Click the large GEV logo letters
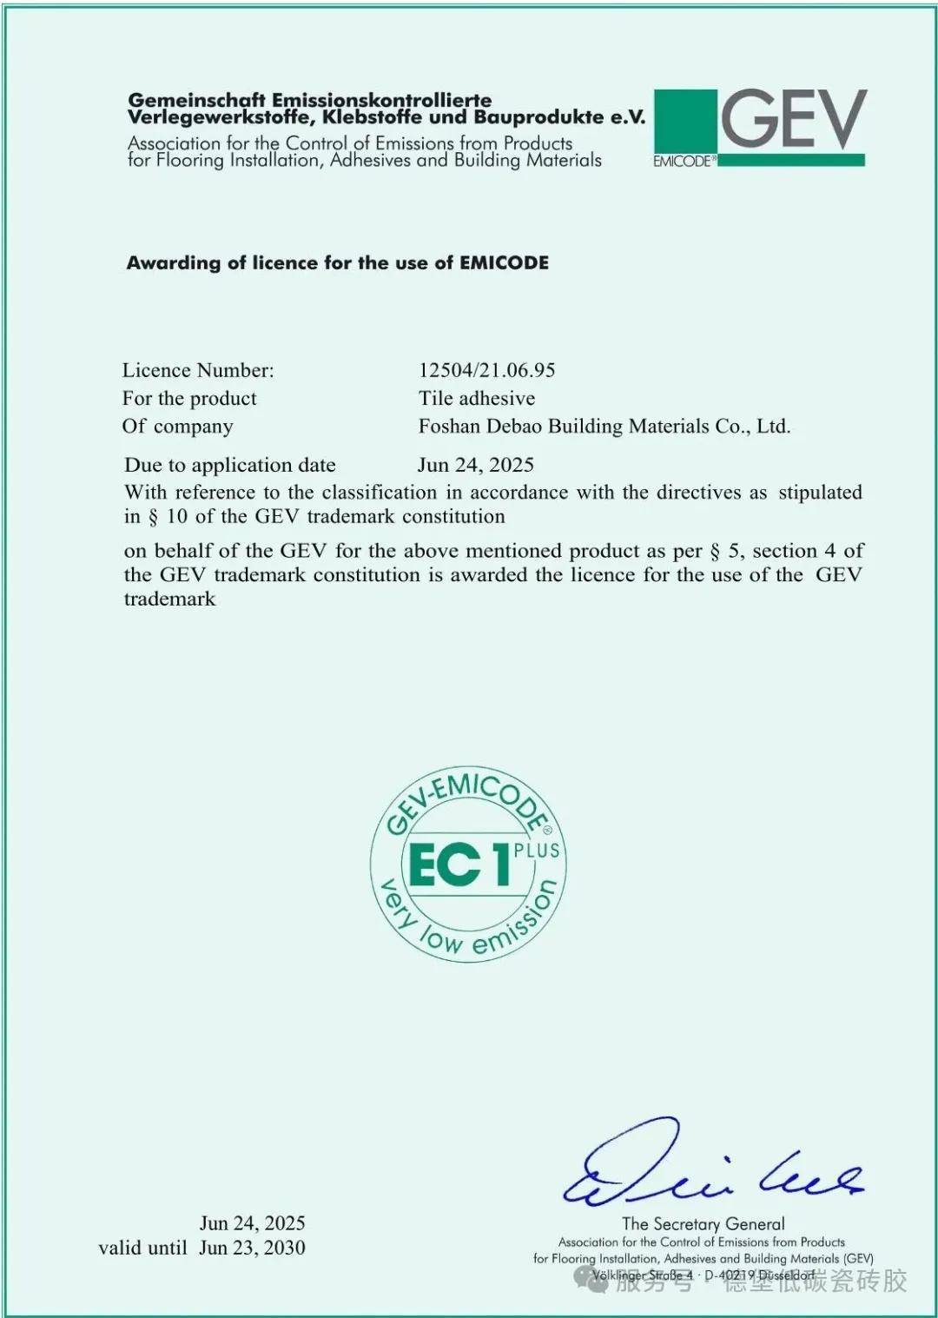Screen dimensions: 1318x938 click(x=793, y=119)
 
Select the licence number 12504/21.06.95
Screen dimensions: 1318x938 click(x=486, y=370)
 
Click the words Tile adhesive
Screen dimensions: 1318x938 click(x=477, y=398)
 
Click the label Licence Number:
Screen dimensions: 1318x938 click(x=198, y=370)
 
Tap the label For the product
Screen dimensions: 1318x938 click(x=189, y=398)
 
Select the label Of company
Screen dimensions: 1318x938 click(x=177, y=426)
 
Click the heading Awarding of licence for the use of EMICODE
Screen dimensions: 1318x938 click(x=338, y=262)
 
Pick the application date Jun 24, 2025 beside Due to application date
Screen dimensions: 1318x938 click(x=475, y=465)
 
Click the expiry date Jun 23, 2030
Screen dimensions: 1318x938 click(x=252, y=1248)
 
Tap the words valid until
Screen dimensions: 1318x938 click(x=142, y=1248)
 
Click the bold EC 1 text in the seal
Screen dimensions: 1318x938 click(x=457, y=864)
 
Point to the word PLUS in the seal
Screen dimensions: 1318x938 click(x=537, y=851)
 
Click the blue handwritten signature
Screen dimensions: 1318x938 click(x=695, y=1169)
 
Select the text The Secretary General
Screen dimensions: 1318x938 click(x=703, y=1223)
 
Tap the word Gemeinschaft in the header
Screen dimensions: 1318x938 click(x=198, y=100)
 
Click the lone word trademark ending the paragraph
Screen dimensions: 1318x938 click(x=169, y=599)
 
